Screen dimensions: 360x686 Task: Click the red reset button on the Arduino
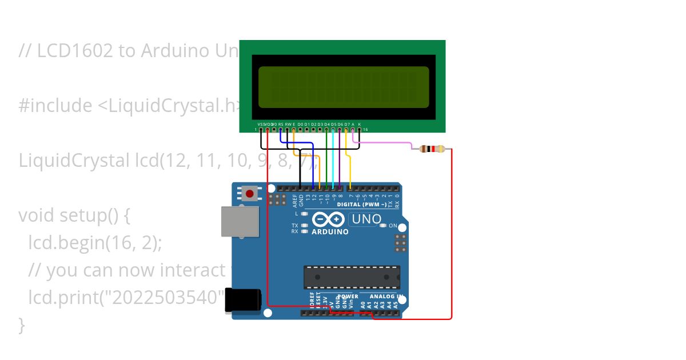tap(249, 194)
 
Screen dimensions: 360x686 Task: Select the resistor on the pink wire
tap(432, 149)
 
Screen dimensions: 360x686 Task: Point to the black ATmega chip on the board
tap(351, 277)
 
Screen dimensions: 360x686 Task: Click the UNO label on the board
tap(366, 219)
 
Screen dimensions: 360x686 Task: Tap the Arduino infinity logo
tap(329, 219)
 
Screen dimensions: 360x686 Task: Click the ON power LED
tap(383, 226)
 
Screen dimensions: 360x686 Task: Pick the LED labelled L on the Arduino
tap(305, 214)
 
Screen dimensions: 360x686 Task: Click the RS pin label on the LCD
tap(281, 124)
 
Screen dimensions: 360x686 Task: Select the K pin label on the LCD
tap(360, 124)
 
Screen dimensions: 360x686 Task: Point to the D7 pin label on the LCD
tap(346, 124)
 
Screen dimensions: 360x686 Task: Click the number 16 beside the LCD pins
tap(365, 130)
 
